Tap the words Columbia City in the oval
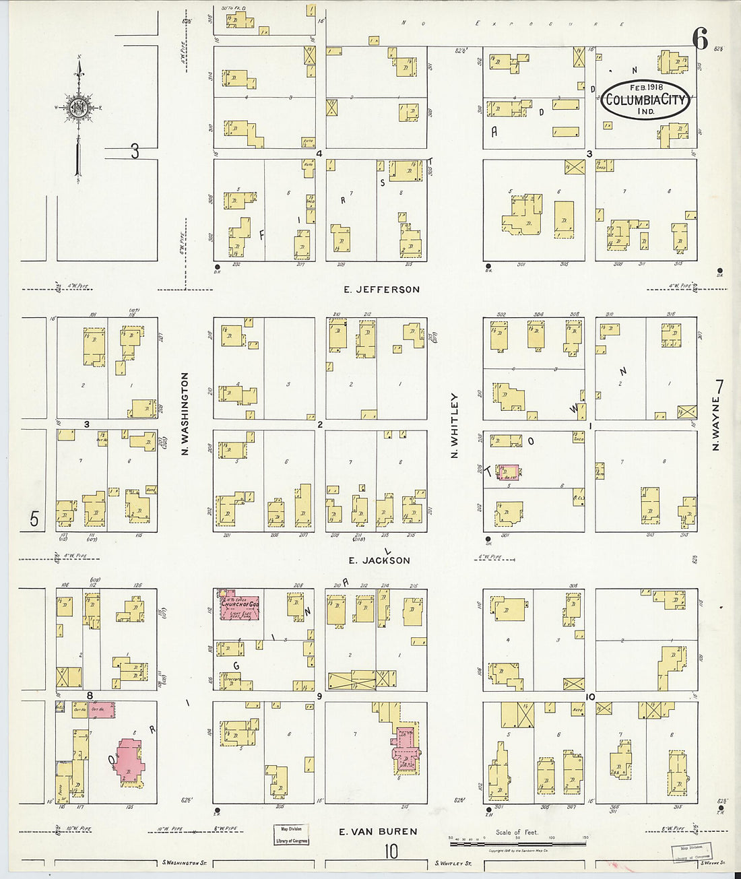click(645, 100)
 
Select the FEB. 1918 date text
click(645, 88)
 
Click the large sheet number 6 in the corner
click(701, 41)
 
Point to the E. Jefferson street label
click(381, 290)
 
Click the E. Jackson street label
click(379, 560)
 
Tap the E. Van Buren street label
click(378, 831)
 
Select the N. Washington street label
click(185, 414)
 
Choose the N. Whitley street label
click(455, 426)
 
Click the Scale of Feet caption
click(517, 833)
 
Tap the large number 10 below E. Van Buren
click(391, 851)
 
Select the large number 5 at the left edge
click(34, 519)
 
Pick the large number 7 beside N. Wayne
click(719, 387)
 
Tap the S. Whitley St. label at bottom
click(453, 863)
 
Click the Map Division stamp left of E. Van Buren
click(291, 835)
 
